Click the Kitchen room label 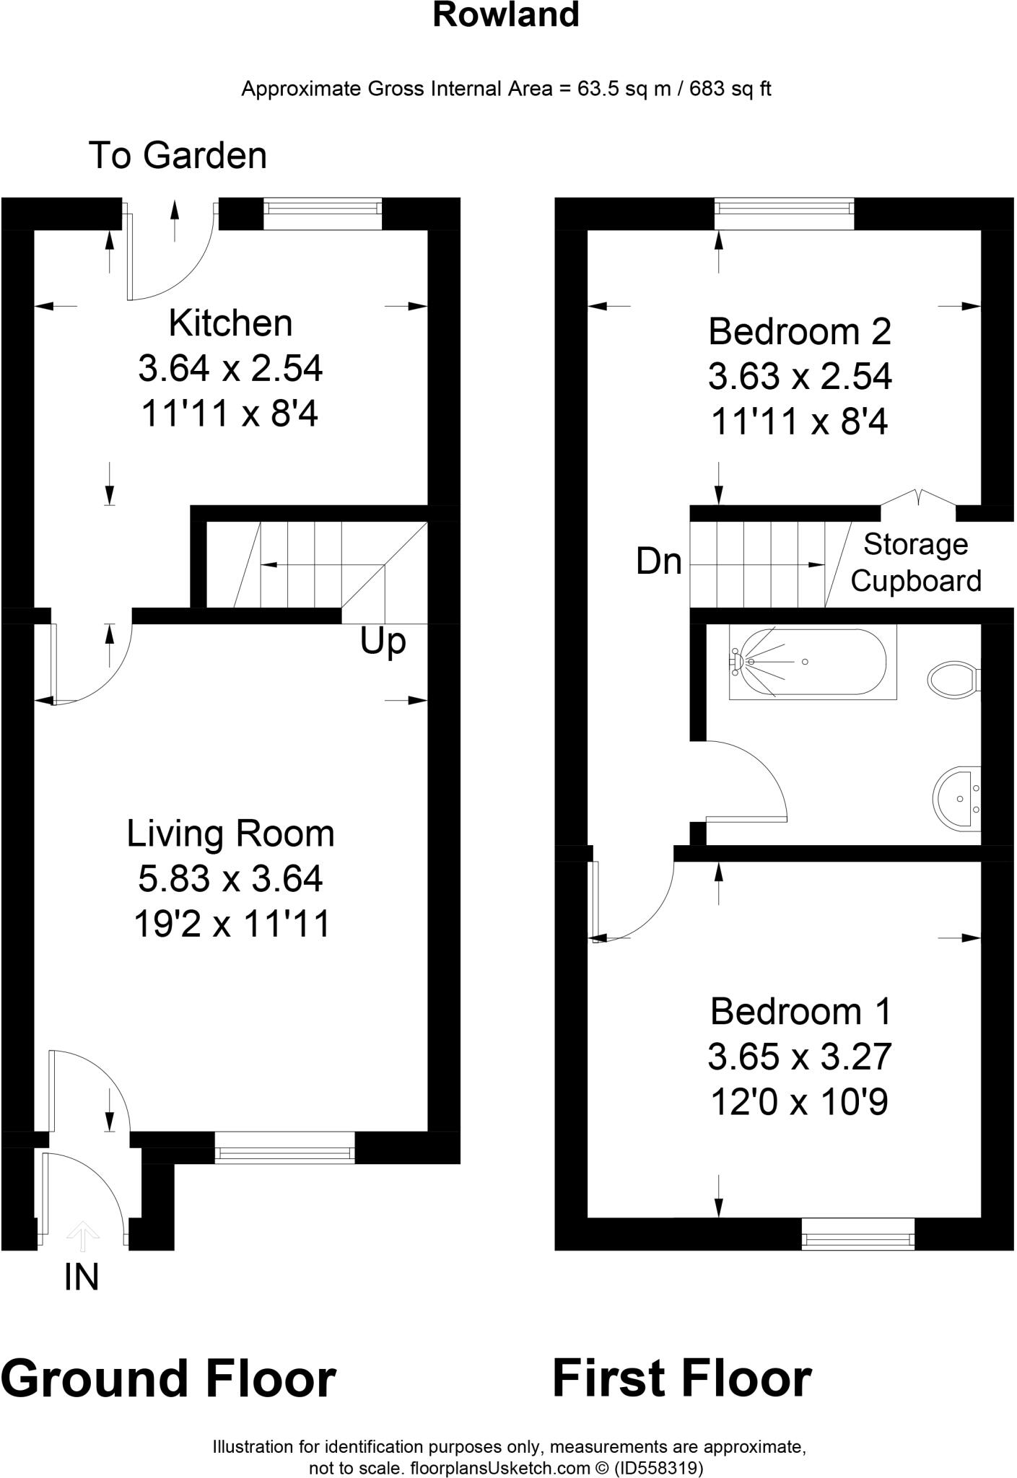230,323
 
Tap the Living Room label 230,834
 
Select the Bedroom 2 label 800,332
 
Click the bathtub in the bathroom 812,663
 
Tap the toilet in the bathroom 951,679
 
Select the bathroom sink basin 958,797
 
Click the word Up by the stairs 383,641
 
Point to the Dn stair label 659,561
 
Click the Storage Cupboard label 916,562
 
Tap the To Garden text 178,156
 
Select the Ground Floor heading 168,1378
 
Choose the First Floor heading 681,1378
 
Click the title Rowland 506,14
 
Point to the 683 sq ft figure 730,89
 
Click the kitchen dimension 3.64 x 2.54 230,369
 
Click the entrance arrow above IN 83,1236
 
